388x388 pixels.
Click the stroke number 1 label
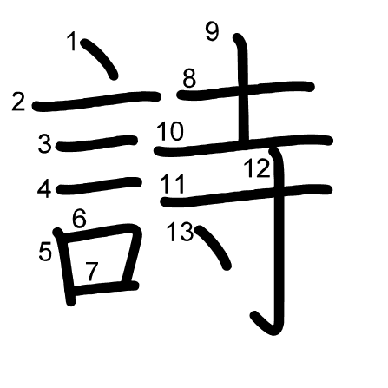(73, 41)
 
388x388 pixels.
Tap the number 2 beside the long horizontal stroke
(18, 102)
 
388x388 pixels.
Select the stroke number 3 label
(45, 144)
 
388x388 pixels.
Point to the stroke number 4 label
(44, 189)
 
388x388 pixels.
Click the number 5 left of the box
(45, 252)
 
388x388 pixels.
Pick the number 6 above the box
(79, 218)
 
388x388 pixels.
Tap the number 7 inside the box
(92, 272)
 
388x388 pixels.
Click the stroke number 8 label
(189, 78)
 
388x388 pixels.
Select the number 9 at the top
(212, 32)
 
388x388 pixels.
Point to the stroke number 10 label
(170, 131)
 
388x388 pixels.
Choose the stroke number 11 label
(173, 184)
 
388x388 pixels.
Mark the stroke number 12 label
(258, 168)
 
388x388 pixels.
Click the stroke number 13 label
(180, 232)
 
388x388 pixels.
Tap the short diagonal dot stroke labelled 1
(101, 58)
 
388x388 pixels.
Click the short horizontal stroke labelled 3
(97, 143)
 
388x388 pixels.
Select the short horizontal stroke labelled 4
(98, 186)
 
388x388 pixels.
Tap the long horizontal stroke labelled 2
(96, 101)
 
